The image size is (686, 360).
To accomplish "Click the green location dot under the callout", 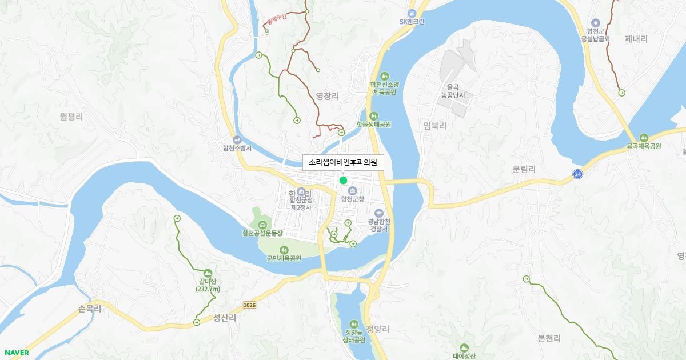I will (343, 181).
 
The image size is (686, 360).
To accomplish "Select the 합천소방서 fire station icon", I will (237, 139).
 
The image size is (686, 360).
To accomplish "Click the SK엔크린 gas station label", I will (420, 22).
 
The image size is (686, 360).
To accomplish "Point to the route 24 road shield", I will (577, 173).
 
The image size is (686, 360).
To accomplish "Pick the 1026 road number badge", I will (249, 305).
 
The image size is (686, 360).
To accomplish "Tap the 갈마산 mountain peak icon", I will (207, 273).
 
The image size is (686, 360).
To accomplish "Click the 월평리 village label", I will (71, 117).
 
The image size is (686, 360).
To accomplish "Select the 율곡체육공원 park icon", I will (644, 137).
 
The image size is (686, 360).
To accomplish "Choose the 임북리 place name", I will (434, 126).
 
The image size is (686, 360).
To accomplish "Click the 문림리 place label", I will (524, 169).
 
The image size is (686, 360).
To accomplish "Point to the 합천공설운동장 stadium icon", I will (262, 225).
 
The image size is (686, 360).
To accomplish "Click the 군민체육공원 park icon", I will (284, 250).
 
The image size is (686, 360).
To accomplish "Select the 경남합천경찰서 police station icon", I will (378, 213).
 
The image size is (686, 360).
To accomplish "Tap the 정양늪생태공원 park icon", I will (354, 324).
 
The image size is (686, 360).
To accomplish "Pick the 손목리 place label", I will (89, 309).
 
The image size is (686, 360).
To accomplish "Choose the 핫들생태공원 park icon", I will (374, 115).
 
